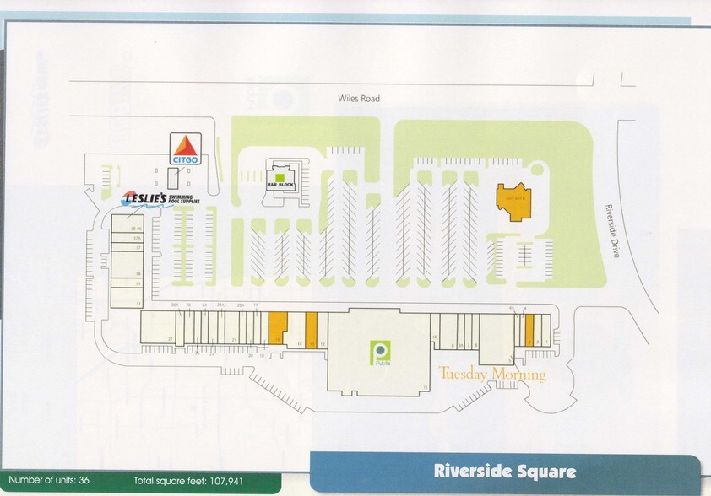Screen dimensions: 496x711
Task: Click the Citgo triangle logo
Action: point(185,148)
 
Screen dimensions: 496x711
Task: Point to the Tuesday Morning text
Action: point(492,374)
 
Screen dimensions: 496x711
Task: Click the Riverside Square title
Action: point(505,472)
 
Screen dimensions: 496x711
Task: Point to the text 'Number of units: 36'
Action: point(48,481)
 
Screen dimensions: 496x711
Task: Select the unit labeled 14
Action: point(298,343)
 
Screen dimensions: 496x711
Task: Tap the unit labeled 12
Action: point(322,343)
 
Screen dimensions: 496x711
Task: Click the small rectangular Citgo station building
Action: point(172,178)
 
